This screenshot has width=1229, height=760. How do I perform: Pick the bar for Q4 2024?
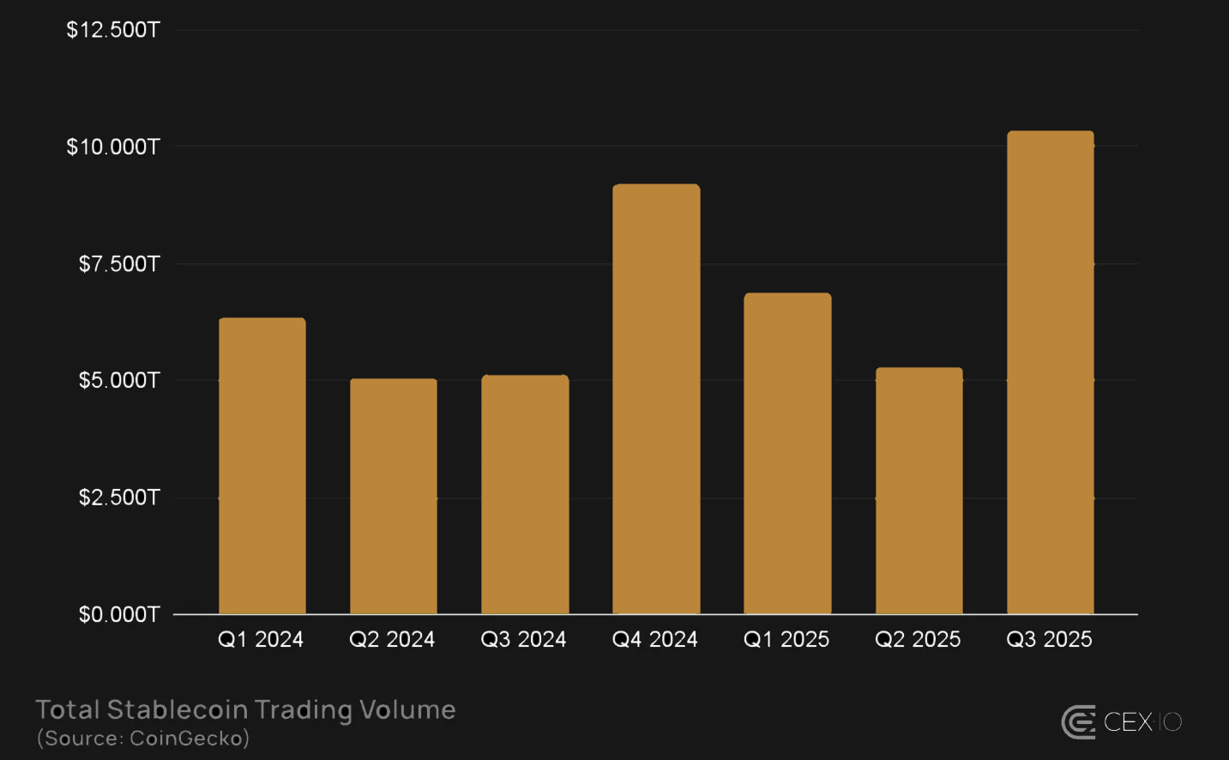click(x=656, y=399)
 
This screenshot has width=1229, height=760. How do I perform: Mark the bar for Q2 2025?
click(x=919, y=491)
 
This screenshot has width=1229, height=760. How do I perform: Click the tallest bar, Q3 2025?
click(x=1050, y=372)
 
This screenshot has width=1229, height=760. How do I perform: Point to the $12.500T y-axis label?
click(x=113, y=30)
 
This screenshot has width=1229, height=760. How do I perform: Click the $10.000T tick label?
click(x=113, y=147)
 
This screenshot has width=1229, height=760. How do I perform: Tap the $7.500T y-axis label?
click(x=119, y=263)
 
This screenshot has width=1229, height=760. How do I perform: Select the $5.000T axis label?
click(x=119, y=380)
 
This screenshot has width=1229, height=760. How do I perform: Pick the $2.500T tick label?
click(x=119, y=498)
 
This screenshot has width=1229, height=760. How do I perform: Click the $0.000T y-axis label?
click(x=119, y=614)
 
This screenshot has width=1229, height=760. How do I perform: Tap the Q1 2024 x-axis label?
click(x=261, y=639)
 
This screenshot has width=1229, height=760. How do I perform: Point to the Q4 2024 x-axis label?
click(x=654, y=639)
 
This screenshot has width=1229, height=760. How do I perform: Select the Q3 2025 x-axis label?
click(x=1049, y=639)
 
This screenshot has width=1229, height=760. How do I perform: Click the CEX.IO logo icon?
click(x=1079, y=722)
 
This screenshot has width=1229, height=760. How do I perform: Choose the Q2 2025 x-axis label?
click(x=918, y=639)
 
